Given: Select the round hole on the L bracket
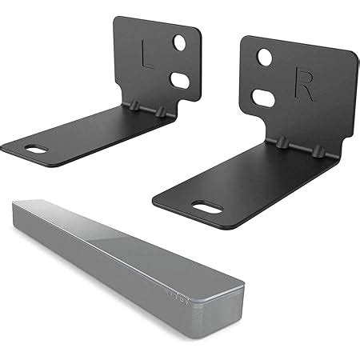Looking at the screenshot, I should pos(181,42).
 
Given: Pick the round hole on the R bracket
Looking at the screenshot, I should pos(264,58).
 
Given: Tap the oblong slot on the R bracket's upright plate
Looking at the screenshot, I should pos(262,98).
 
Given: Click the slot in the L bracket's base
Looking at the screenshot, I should pos(36,148).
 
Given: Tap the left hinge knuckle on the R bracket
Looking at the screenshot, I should pos(282,142).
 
